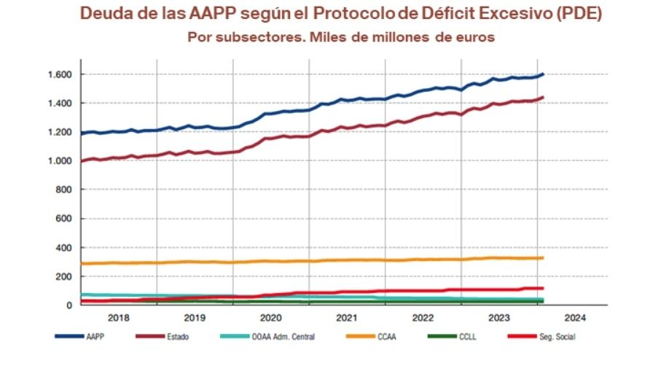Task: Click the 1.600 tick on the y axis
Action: [59, 74]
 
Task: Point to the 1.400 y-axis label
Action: [59, 104]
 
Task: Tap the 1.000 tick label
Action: [59, 161]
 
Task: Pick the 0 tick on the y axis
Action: [69, 305]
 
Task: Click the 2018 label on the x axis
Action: [118, 318]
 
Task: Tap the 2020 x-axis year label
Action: [270, 318]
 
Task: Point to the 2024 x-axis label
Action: [575, 318]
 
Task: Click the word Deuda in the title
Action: [102, 14]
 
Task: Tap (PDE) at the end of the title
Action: [581, 14]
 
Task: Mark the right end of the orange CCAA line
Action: [543, 257]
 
